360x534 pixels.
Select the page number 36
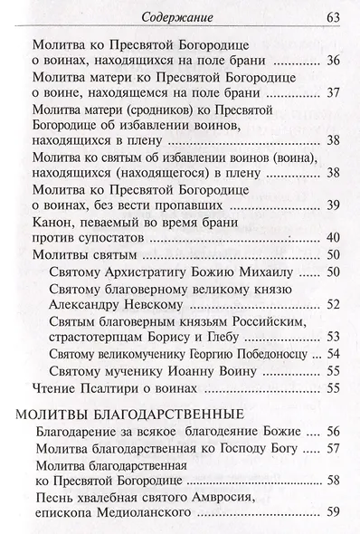coord(332,61)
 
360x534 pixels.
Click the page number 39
coord(332,204)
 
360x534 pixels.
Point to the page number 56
coord(332,432)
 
